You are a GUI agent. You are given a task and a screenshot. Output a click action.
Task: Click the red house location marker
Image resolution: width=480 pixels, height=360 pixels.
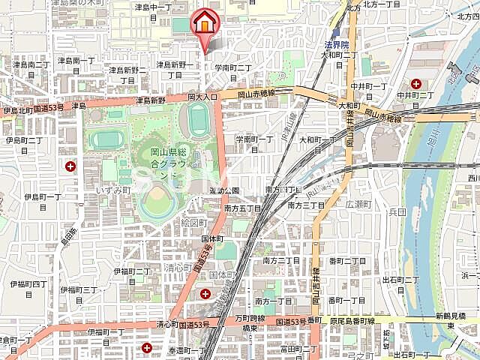pos(205,22)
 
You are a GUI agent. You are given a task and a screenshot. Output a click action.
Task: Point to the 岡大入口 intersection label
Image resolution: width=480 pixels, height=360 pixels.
pos(202,97)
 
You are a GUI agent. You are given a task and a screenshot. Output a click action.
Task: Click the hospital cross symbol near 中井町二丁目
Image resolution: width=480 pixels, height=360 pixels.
pos(415,84)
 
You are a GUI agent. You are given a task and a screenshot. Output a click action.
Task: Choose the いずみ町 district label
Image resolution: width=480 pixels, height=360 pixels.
pos(113,191)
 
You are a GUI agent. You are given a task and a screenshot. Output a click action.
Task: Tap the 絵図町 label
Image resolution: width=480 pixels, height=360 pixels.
pos(193,223)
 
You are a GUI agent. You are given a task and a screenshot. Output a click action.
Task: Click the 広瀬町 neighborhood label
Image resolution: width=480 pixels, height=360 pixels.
pos(358,203)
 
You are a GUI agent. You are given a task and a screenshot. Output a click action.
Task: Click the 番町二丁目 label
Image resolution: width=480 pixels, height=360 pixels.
pos(346,260)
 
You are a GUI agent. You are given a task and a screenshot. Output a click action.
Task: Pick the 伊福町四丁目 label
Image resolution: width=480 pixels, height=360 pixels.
pos(28,284)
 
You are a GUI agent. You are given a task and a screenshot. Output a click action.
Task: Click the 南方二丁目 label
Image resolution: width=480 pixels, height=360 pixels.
pos(282,260)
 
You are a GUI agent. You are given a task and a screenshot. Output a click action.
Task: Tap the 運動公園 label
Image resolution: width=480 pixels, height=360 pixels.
pos(224,190)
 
